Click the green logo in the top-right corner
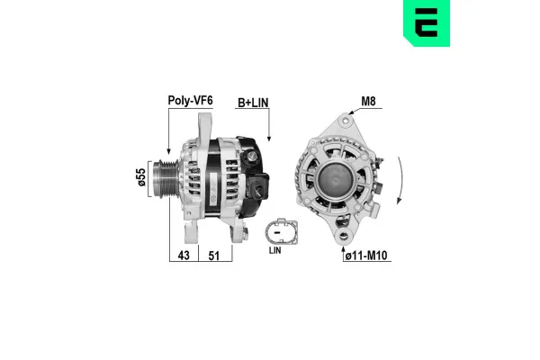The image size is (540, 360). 514,24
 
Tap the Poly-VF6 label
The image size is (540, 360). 189,102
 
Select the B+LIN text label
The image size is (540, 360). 253,102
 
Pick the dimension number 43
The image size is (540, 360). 184,255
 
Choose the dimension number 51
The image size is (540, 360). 215,255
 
